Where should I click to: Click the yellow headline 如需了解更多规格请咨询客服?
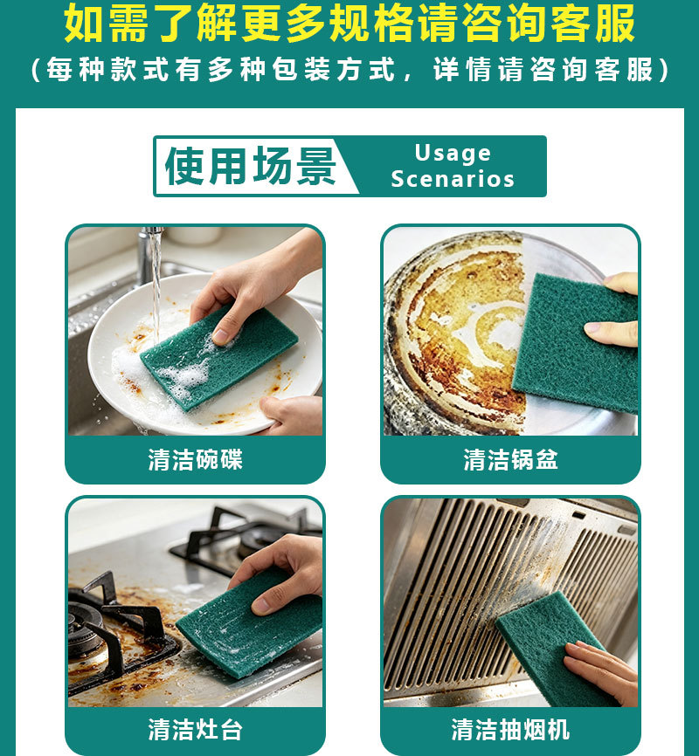pyautogui.click(x=349, y=24)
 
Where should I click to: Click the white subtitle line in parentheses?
pyautogui.click(x=349, y=70)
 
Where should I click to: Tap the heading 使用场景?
pyautogui.click(x=250, y=166)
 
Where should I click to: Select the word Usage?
pyautogui.click(x=453, y=154)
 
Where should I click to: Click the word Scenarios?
pyautogui.click(x=453, y=179)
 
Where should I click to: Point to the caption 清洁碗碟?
pyautogui.click(x=195, y=459)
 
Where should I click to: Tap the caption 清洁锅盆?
pyautogui.click(x=511, y=459)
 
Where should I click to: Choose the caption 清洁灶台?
pyautogui.click(x=195, y=730)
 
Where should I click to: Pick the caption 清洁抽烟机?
pyautogui.click(x=511, y=730)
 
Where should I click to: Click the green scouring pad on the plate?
pyautogui.click(x=218, y=358)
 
